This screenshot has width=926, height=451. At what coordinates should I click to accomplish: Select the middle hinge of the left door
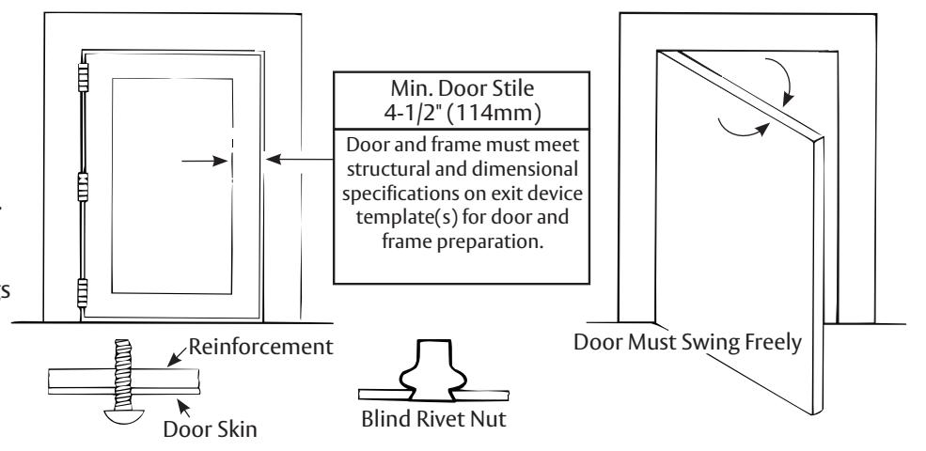tap(84, 187)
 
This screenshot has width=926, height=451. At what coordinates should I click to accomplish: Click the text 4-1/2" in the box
tap(412, 112)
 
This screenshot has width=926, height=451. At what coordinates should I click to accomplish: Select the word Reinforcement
tap(260, 347)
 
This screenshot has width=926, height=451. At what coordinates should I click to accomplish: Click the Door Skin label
tap(211, 428)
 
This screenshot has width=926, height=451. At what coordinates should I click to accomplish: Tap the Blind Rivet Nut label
tap(433, 419)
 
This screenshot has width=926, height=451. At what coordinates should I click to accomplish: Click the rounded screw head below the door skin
tap(123, 415)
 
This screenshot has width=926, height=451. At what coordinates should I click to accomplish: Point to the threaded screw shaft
tap(123, 374)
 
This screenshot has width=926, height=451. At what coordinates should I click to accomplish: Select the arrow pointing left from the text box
tap(300, 159)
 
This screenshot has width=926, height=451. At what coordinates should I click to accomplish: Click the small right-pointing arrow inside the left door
tap(204, 161)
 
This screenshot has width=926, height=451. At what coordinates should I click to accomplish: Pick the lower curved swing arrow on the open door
tap(744, 130)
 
